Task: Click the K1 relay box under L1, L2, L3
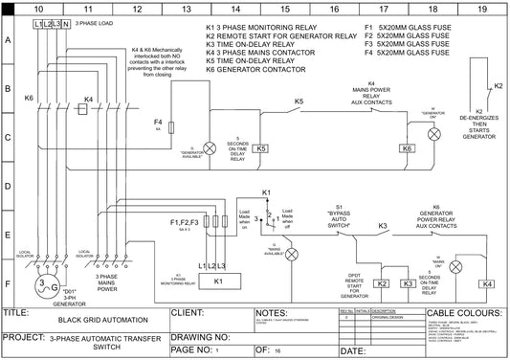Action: coord(217,281)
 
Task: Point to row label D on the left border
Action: coord(9,187)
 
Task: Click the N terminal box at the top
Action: coord(65,22)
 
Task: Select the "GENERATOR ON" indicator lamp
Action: coord(433,135)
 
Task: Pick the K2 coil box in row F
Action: coord(382,284)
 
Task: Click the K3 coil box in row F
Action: coord(407,284)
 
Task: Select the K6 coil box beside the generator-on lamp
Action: coord(407,148)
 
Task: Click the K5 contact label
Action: coord(299,101)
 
